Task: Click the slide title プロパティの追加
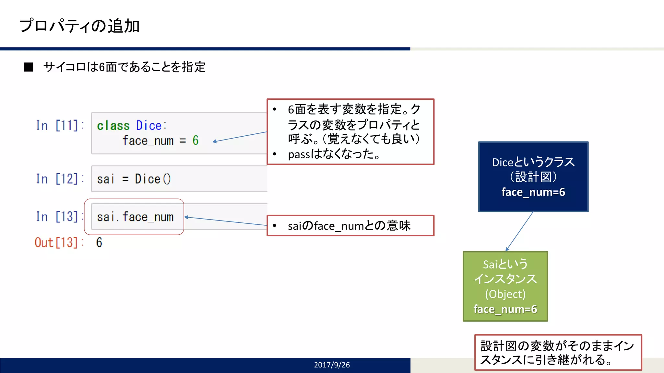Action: [79, 26]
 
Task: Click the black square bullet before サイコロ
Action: [29, 67]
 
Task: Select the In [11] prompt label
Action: [60, 126]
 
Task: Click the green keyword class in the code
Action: [113, 126]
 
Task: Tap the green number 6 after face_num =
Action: [195, 141]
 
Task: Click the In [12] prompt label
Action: [60, 179]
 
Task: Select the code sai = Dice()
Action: [134, 179]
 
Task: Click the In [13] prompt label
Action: [60, 217]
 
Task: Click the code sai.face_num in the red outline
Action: [135, 217]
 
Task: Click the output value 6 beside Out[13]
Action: [99, 243]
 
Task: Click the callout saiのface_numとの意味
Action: [349, 226]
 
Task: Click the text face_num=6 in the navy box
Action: [533, 192]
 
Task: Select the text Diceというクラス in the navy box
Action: [533, 162]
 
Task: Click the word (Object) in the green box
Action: [505, 294]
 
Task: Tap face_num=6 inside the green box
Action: [505, 309]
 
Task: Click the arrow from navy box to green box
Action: [519, 231]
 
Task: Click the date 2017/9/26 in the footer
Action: [332, 365]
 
